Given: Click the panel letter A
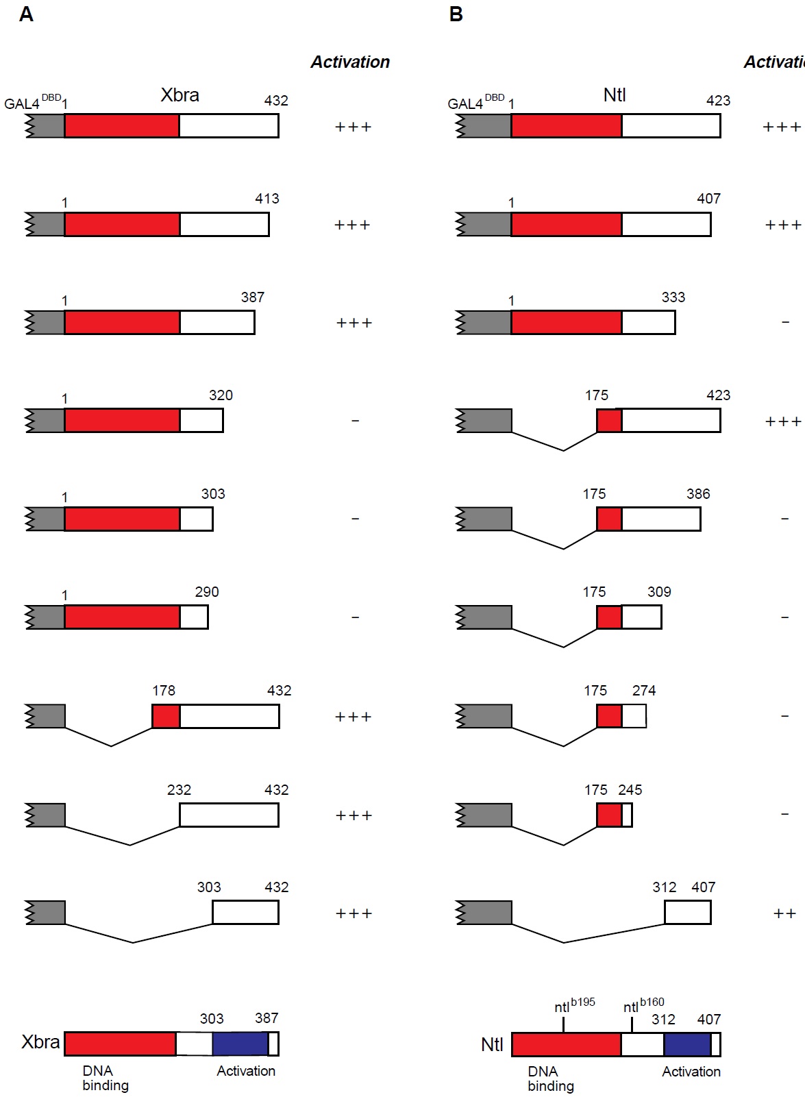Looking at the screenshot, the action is (x=27, y=14).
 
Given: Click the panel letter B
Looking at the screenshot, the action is (x=456, y=14).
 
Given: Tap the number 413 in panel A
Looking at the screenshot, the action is (x=267, y=198).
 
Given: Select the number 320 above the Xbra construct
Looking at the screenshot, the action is (x=221, y=395).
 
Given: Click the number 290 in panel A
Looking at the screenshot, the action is (x=207, y=591).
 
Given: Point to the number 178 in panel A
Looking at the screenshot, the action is (x=164, y=691).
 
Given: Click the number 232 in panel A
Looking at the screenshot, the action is (x=179, y=789).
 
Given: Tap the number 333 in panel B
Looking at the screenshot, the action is (x=673, y=297).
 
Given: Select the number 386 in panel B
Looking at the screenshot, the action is (x=698, y=493).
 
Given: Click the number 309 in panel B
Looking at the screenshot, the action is (x=659, y=591).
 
